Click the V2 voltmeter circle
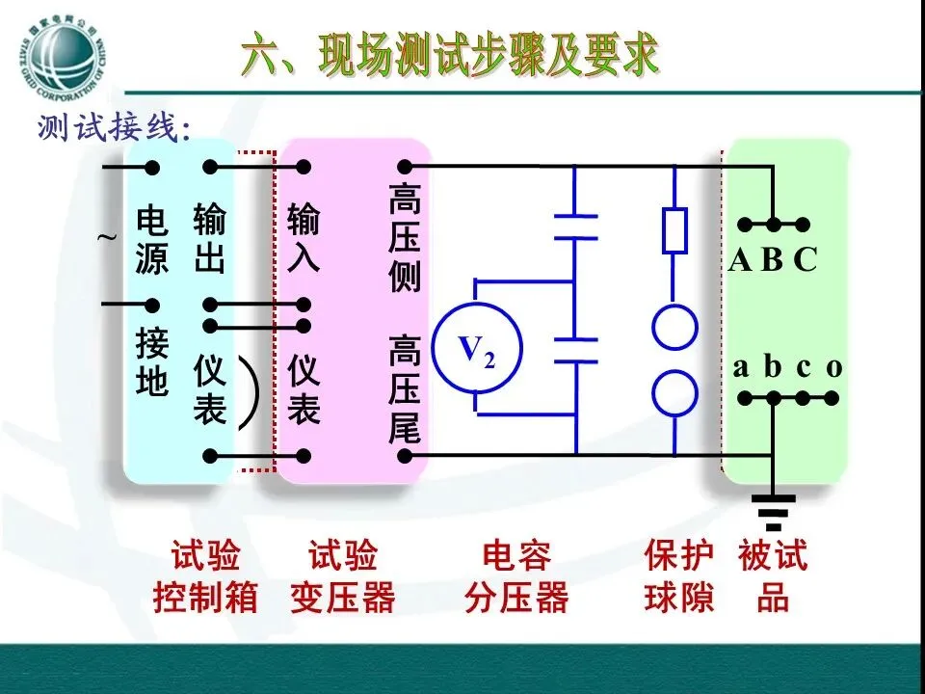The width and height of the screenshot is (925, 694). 476,349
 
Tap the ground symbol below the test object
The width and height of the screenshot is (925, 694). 773,512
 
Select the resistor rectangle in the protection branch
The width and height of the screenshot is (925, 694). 674,230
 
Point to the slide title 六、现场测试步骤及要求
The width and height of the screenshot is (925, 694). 450,56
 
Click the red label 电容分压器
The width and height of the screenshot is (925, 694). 516,577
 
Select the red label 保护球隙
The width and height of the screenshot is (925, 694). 679,577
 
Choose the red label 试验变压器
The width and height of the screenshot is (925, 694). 343,577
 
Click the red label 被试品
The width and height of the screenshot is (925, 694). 773,577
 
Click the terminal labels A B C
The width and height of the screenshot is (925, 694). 773,260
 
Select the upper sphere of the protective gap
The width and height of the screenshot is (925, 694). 674,328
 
